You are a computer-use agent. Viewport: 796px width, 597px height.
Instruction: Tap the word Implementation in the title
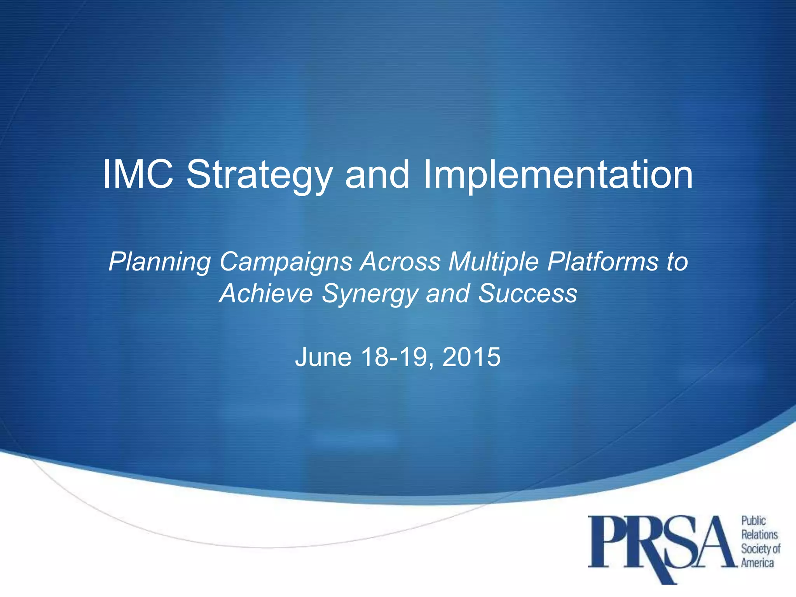click(x=558, y=176)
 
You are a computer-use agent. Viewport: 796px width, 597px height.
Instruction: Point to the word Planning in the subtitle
click(x=160, y=263)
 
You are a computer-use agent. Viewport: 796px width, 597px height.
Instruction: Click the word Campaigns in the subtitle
click(x=286, y=263)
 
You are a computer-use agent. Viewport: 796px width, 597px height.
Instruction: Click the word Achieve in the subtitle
click(x=266, y=293)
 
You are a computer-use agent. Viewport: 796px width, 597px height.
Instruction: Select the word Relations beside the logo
click(x=759, y=535)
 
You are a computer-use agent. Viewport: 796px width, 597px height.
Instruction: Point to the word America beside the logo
click(x=758, y=562)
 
